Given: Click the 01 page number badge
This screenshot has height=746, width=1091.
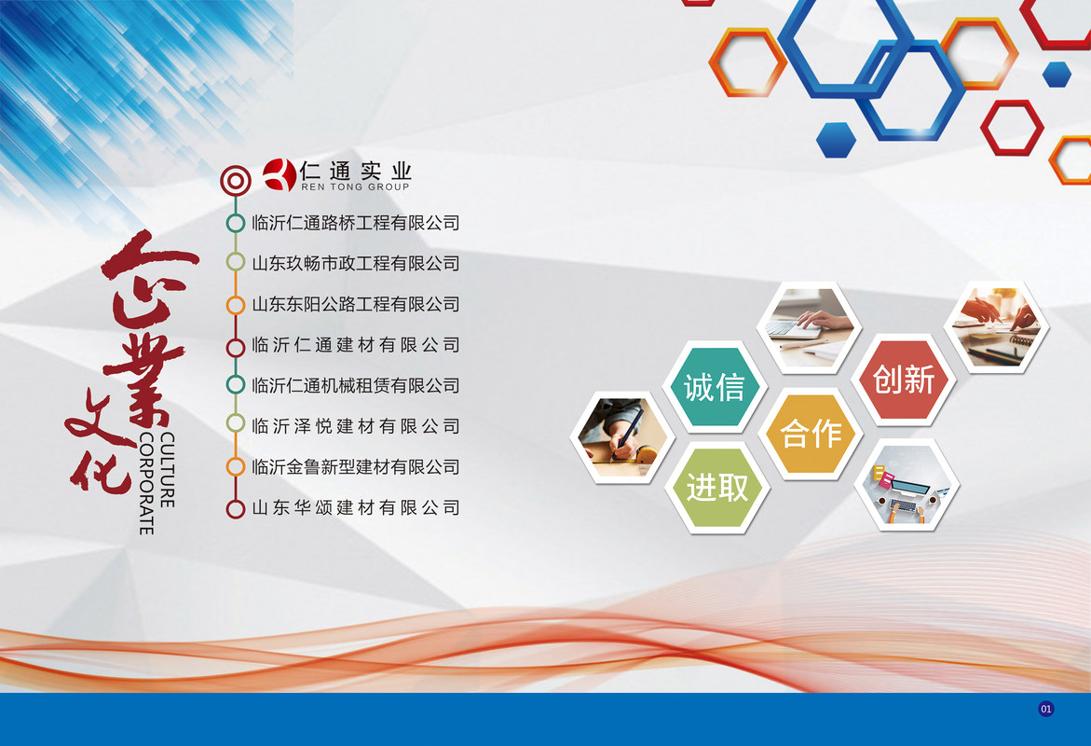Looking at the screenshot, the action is (1045, 709).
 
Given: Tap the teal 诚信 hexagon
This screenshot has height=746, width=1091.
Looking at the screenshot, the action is (715, 387).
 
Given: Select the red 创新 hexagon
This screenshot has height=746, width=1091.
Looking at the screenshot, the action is (904, 380).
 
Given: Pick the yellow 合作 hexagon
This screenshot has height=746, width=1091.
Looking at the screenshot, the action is (811, 434).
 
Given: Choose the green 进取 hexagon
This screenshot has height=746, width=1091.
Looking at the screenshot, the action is (717, 488).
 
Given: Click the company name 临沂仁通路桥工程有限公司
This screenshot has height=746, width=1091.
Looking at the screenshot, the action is (356, 223).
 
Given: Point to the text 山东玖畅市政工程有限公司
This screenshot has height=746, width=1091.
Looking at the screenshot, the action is (356, 263).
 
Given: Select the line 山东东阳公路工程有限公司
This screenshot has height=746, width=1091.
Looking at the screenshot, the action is (356, 304).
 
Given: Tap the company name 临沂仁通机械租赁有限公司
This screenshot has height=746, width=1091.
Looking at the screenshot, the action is (356, 385).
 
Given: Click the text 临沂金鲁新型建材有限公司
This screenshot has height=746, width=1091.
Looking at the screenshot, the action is (356, 466).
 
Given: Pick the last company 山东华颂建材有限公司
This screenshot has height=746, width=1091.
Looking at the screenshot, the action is (356, 508).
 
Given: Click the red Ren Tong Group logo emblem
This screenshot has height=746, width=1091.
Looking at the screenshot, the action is (280, 174).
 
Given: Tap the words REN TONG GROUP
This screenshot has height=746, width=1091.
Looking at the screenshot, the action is (355, 186).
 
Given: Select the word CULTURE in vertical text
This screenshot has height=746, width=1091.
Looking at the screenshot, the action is (167, 469).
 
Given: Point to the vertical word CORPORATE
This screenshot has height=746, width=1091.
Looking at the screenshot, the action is (146, 483).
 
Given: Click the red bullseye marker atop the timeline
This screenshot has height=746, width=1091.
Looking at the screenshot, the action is (236, 180).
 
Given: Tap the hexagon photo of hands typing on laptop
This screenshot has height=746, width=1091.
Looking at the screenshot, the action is (810, 327).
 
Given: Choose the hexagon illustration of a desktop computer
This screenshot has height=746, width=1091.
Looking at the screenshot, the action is (907, 485).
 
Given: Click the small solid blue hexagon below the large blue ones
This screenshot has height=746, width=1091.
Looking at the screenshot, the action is (836, 139).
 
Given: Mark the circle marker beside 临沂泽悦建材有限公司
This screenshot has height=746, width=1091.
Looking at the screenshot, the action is (236, 423).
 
